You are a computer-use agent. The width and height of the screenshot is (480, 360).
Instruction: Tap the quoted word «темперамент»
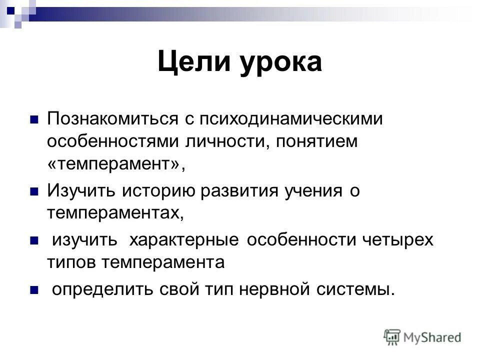(115, 164)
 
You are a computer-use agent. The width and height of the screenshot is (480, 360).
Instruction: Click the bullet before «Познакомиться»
(34, 120)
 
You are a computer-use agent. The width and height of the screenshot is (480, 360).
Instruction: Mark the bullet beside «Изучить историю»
(34, 191)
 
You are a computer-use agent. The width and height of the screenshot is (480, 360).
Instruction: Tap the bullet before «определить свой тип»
(34, 289)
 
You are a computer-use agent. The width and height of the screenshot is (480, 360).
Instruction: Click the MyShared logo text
(432, 337)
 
